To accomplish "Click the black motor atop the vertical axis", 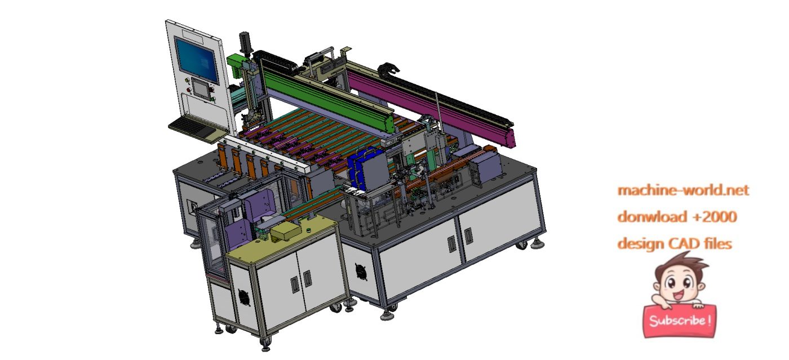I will tap(245, 42).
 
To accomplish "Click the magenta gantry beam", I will tap(440, 104).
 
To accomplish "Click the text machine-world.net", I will tap(683, 190).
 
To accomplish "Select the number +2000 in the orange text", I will tap(712, 217).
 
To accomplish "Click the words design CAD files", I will tap(675, 243).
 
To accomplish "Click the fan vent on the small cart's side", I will tap(243, 297).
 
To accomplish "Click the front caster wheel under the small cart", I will tap(265, 341).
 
